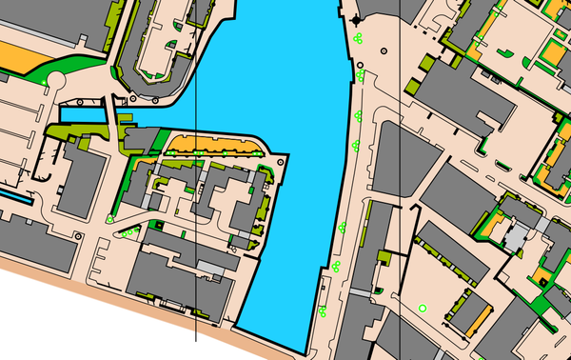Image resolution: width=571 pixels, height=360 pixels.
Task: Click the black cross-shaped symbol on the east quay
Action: (357, 19)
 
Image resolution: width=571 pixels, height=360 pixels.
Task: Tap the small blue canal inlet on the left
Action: (81, 115)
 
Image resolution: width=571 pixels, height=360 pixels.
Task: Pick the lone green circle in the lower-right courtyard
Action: (423, 307)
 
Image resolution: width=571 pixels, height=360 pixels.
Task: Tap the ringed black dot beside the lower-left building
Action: (110, 218)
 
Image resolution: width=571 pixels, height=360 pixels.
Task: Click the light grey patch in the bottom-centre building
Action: (213, 272)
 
